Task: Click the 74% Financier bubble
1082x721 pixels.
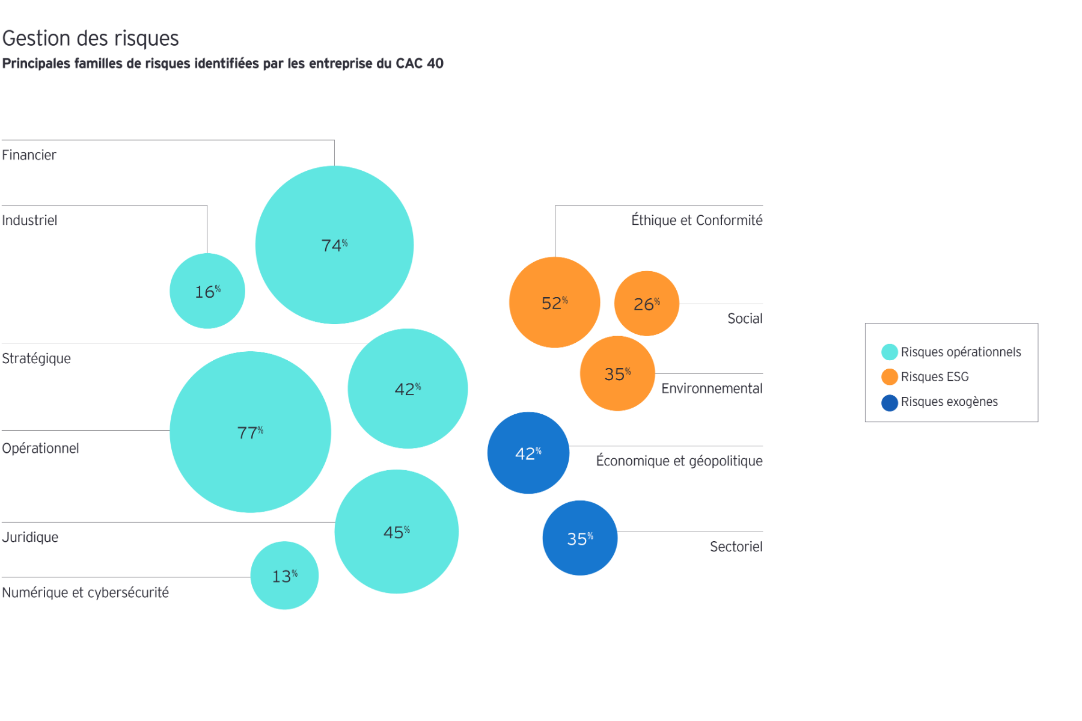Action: point(334,245)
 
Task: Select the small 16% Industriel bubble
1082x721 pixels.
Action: point(207,291)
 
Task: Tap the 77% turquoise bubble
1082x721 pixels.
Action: point(250,432)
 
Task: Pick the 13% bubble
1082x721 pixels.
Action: point(284,575)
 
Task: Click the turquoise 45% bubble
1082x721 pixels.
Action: point(396,532)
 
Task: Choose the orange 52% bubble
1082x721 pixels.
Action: point(554,302)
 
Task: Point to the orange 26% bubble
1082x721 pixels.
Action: point(646,304)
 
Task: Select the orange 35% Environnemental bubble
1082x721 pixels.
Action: point(617,373)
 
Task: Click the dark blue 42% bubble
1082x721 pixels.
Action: point(528,453)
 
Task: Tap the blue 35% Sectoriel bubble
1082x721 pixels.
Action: point(579,538)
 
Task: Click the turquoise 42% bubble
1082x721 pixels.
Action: point(408,388)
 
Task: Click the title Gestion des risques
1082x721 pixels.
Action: point(91,38)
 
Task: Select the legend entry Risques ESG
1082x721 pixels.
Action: point(934,377)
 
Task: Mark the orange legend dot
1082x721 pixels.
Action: point(889,377)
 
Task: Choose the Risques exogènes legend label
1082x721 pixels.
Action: point(949,402)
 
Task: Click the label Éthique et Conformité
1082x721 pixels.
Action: point(696,220)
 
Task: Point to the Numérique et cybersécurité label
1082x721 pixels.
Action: point(85,592)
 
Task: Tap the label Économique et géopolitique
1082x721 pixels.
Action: point(679,461)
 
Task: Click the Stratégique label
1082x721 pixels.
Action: point(37,358)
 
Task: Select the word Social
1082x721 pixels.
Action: point(744,318)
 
